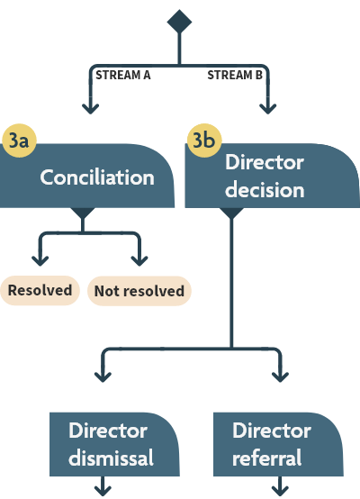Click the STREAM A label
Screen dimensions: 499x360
pos(122,75)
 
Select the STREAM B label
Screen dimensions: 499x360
pos(235,75)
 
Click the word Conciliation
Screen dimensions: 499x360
pos(97,177)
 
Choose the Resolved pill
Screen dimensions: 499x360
pos(40,291)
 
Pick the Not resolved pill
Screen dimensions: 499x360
pos(139,291)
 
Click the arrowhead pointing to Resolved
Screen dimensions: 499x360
pos(40,259)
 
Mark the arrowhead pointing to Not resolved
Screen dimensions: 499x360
pos(138,259)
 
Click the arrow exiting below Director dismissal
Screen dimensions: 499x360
pos(104,489)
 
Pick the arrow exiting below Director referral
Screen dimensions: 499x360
pos(280,489)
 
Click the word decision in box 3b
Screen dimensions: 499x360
pos(265,191)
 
